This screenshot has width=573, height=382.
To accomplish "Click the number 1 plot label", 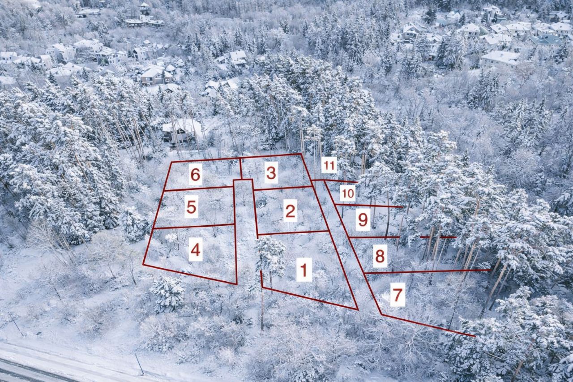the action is point(304,270).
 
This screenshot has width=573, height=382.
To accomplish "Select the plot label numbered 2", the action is point(291,210).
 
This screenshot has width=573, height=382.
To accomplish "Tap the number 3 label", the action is point(271,172).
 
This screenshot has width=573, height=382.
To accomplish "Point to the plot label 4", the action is point(196,249).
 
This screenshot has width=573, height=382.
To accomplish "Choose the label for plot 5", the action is point(191,206).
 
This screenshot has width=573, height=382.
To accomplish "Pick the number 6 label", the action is point(196,174).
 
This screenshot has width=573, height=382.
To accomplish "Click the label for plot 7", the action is point(398,294).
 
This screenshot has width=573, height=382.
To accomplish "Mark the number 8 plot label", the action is point(380,256).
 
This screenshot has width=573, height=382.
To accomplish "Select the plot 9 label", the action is point(363,219).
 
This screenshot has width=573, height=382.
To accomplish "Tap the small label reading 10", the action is point(348,193).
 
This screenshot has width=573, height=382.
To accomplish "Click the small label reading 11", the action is point(329,166).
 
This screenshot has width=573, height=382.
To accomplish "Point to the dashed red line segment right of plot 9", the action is point(438,237).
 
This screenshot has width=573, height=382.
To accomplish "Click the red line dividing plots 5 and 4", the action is point(194,226).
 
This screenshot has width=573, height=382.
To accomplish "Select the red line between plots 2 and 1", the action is point(293,232).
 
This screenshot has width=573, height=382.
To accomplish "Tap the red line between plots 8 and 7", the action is point(427,271).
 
